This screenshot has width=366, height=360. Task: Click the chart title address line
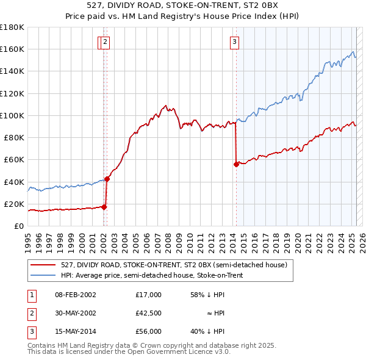point(183,6)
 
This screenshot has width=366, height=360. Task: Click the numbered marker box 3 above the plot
point(234,42)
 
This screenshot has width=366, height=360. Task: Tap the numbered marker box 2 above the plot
point(106,42)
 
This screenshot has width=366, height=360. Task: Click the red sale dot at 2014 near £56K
point(235,164)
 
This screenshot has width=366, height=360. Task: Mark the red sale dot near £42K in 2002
point(107,179)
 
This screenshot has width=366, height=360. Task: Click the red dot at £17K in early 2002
point(104,207)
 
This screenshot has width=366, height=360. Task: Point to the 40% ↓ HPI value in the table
point(208,332)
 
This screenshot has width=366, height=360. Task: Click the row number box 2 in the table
point(31,314)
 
